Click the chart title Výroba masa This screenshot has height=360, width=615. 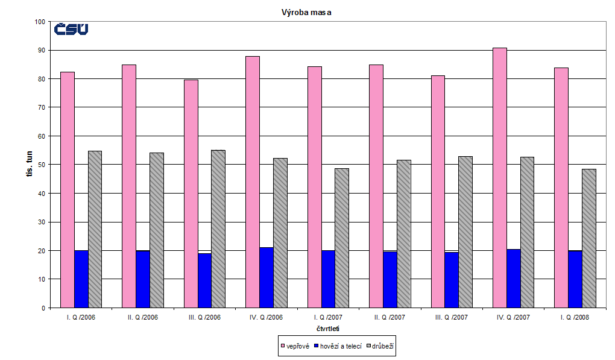306,11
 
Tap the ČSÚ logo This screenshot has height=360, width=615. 71,29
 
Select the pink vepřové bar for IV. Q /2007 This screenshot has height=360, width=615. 499,178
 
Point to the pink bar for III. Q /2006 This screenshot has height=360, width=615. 191,194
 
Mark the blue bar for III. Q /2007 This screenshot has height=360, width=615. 452,280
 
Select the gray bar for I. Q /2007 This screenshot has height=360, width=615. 341,238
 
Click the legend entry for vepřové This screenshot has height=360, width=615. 296,346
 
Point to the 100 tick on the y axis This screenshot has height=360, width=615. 40,22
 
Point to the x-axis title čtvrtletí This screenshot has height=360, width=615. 327,329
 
